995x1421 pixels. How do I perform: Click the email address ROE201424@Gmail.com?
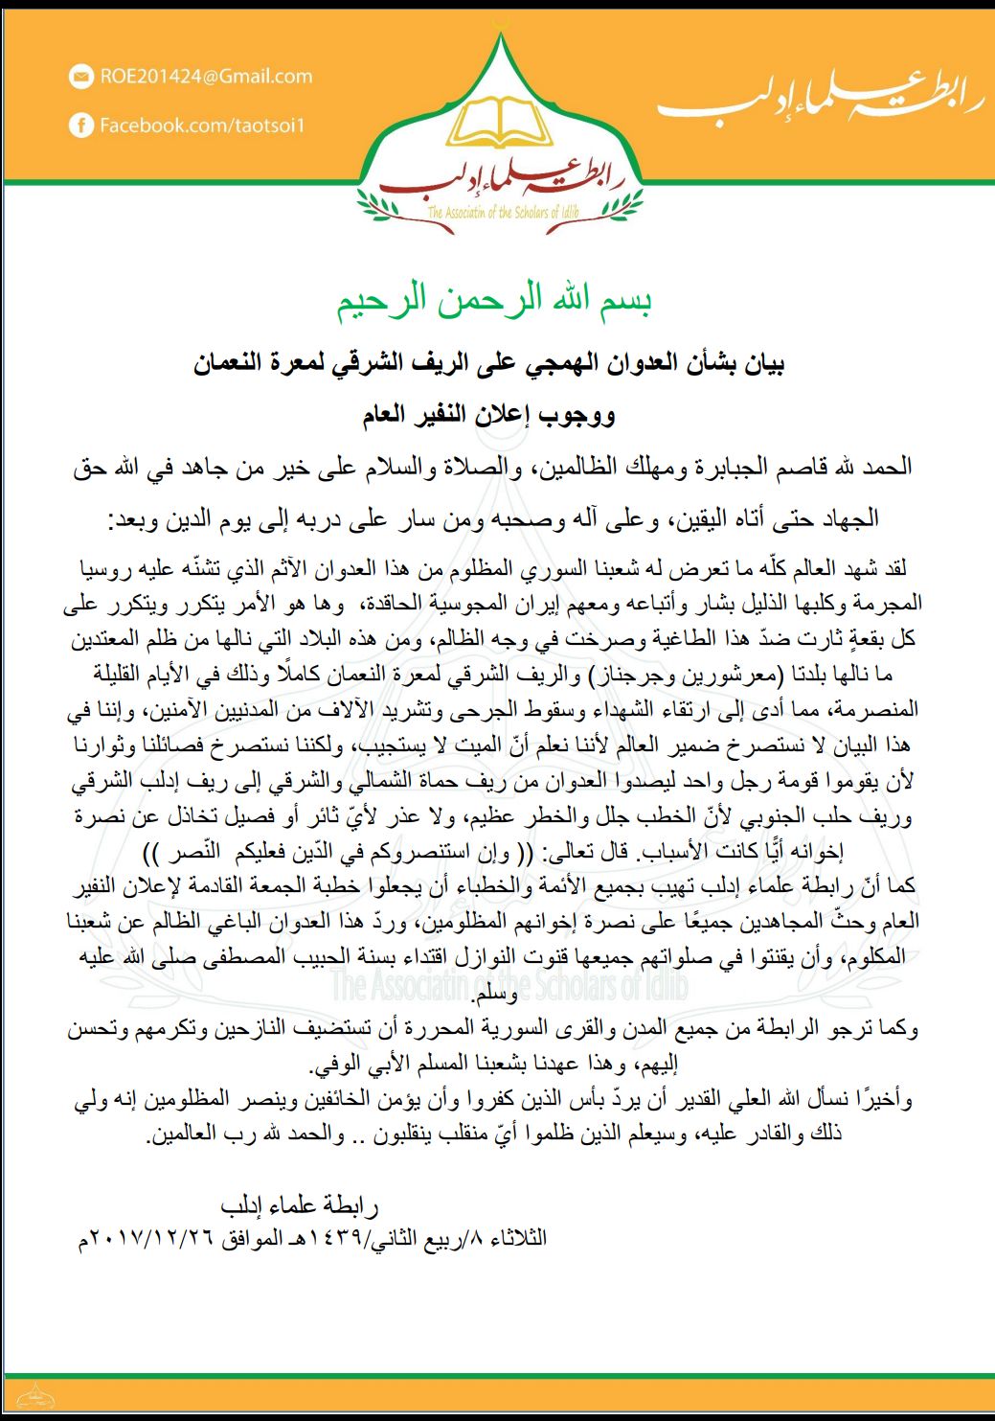click(206, 77)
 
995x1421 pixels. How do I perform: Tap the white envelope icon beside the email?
click(81, 78)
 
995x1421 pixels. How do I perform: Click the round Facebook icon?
click(81, 126)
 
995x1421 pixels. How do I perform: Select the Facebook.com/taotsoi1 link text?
click(202, 126)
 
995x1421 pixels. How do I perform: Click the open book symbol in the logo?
click(499, 126)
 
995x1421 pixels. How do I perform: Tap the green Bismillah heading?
click(494, 302)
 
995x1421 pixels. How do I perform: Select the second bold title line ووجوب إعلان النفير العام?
click(488, 416)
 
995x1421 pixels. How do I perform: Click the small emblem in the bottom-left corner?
click(35, 1395)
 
